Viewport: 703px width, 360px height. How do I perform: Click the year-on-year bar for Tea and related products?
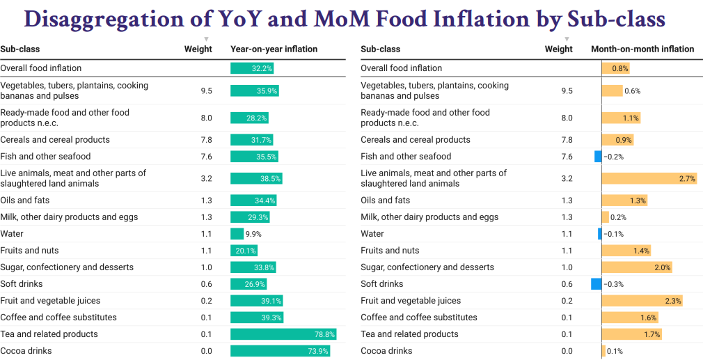(x=283, y=334)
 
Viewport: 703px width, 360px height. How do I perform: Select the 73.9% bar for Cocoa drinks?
(x=280, y=351)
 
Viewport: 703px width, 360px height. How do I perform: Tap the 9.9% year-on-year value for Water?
(x=237, y=234)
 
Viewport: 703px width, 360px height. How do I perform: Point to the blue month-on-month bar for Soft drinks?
(x=596, y=284)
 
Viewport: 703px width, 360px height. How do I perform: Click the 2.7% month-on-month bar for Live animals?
(x=649, y=179)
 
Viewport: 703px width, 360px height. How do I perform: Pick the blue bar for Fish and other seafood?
(x=598, y=157)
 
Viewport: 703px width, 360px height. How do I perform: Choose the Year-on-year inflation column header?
(x=274, y=49)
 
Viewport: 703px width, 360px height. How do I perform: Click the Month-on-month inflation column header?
(x=642, y=49)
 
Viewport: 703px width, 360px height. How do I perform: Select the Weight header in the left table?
(x=198, y=49)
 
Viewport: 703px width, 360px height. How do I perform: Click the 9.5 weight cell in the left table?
(x=206, y=91)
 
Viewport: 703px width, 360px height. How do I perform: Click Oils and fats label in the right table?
(x=385, y=201)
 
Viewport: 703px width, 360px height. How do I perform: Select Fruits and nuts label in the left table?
(x=29, y=251)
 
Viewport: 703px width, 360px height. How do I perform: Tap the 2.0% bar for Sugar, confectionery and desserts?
(x=637, y=267)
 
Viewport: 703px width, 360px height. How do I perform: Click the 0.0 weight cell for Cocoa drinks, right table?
(x=567, y=351)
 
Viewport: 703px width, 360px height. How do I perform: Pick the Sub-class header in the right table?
(x=380, y=49)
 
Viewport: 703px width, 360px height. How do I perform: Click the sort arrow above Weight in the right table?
(x=567, y=39)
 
